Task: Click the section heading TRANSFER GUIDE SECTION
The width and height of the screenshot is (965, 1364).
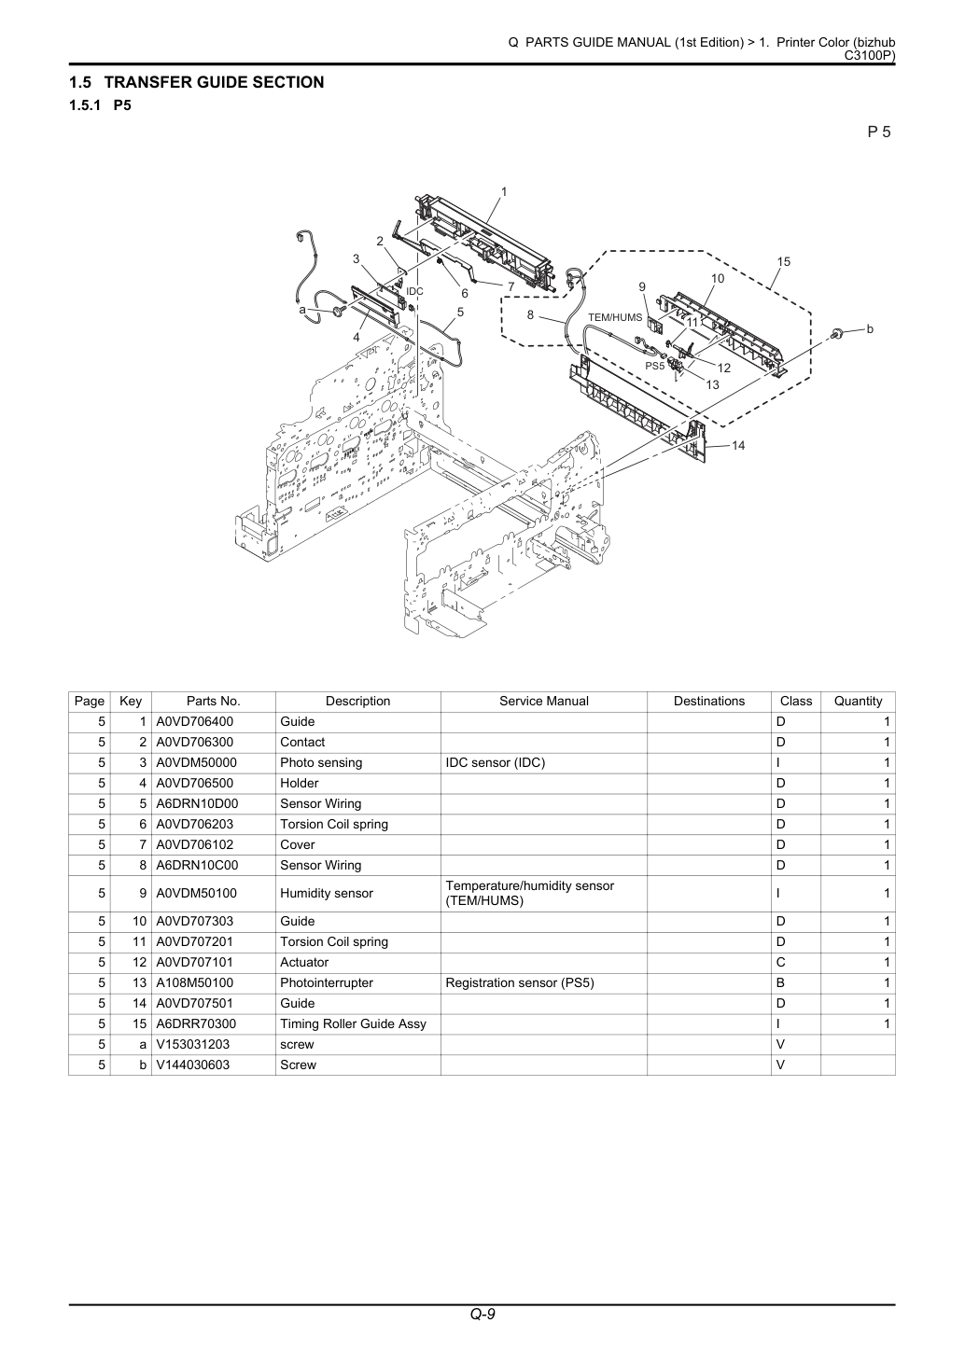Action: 214,82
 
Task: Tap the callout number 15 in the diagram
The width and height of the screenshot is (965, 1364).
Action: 783,261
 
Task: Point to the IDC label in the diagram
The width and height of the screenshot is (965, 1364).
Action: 414,292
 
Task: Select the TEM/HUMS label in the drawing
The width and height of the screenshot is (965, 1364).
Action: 615,317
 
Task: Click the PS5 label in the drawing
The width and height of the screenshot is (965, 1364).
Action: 655,366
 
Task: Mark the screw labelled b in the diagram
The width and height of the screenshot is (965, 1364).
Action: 838,332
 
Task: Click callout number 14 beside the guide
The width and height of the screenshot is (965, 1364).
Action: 738,446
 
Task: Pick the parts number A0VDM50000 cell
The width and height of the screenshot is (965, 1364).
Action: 196,762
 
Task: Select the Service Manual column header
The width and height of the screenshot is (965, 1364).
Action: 543,701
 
